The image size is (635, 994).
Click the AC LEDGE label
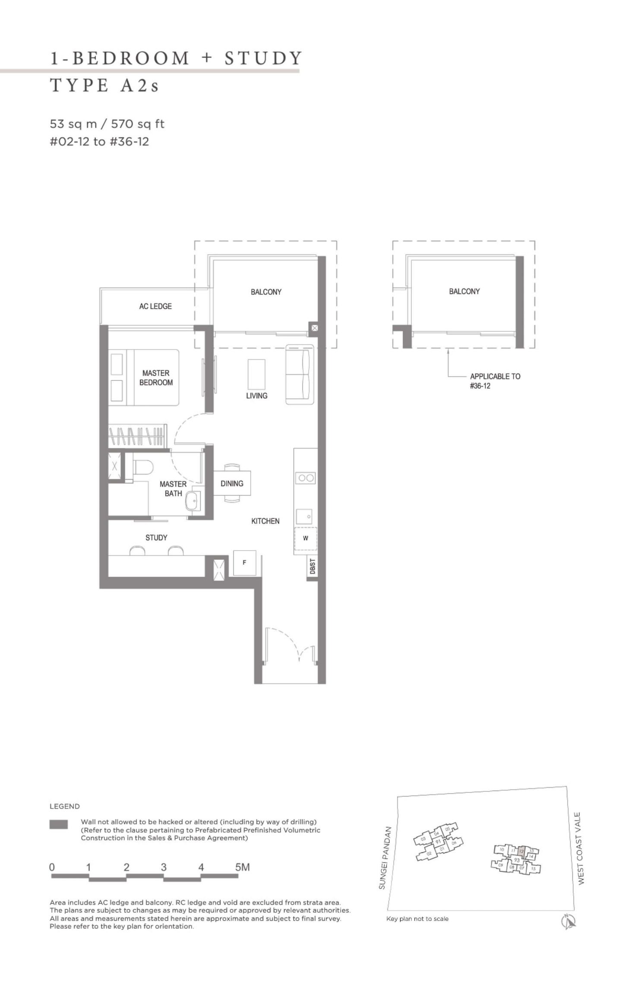click(155, 306)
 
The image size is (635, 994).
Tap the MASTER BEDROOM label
click(156, 377)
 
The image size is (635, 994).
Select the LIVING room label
click(256, 396)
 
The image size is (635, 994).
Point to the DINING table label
click(232, 483)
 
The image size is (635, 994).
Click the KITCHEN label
click(265, 521)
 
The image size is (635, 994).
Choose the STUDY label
click(156, 538)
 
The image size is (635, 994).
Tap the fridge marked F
click(244, 563)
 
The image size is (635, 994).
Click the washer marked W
click(306, 538)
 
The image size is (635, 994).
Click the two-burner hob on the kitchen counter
click(306, 478)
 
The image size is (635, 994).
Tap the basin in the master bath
click(192, 501)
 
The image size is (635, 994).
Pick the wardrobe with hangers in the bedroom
click(137, 436)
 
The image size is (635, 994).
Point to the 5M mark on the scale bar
click(242, 867)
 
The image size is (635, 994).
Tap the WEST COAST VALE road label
click(581, 848)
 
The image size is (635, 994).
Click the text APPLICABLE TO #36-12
click(495, 381)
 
